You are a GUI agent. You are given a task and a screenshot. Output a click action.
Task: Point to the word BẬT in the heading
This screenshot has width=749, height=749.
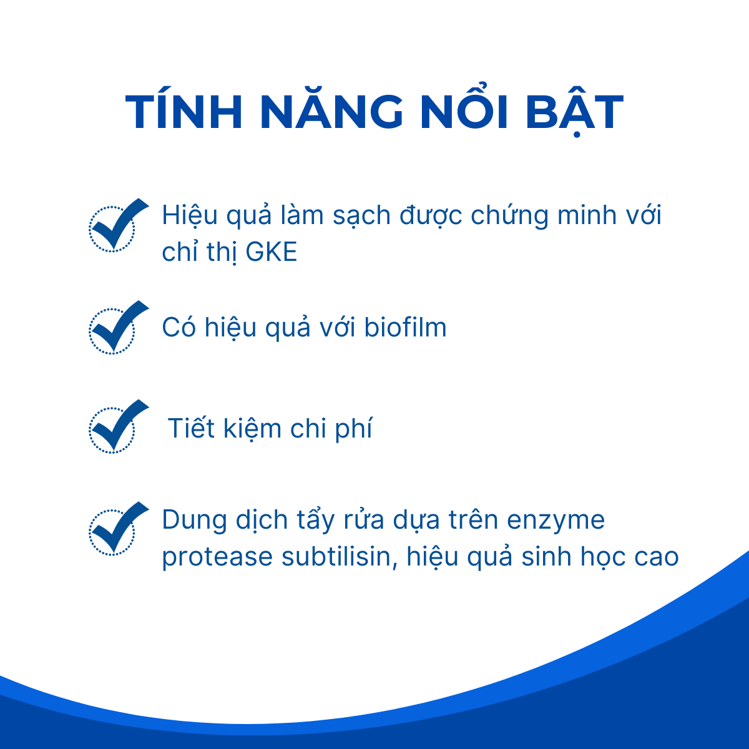point(574,114)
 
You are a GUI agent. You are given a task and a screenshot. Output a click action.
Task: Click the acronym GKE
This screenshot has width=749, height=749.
point(272,252)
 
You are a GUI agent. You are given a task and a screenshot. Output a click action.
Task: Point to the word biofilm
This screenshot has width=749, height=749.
point(405,327)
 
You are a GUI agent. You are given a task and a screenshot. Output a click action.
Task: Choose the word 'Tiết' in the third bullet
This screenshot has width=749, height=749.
point(191,428)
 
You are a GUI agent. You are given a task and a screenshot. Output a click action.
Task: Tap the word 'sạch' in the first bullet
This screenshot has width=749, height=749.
point(361,217)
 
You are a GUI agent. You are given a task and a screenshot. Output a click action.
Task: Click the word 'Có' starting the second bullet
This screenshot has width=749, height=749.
point(179,327)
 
